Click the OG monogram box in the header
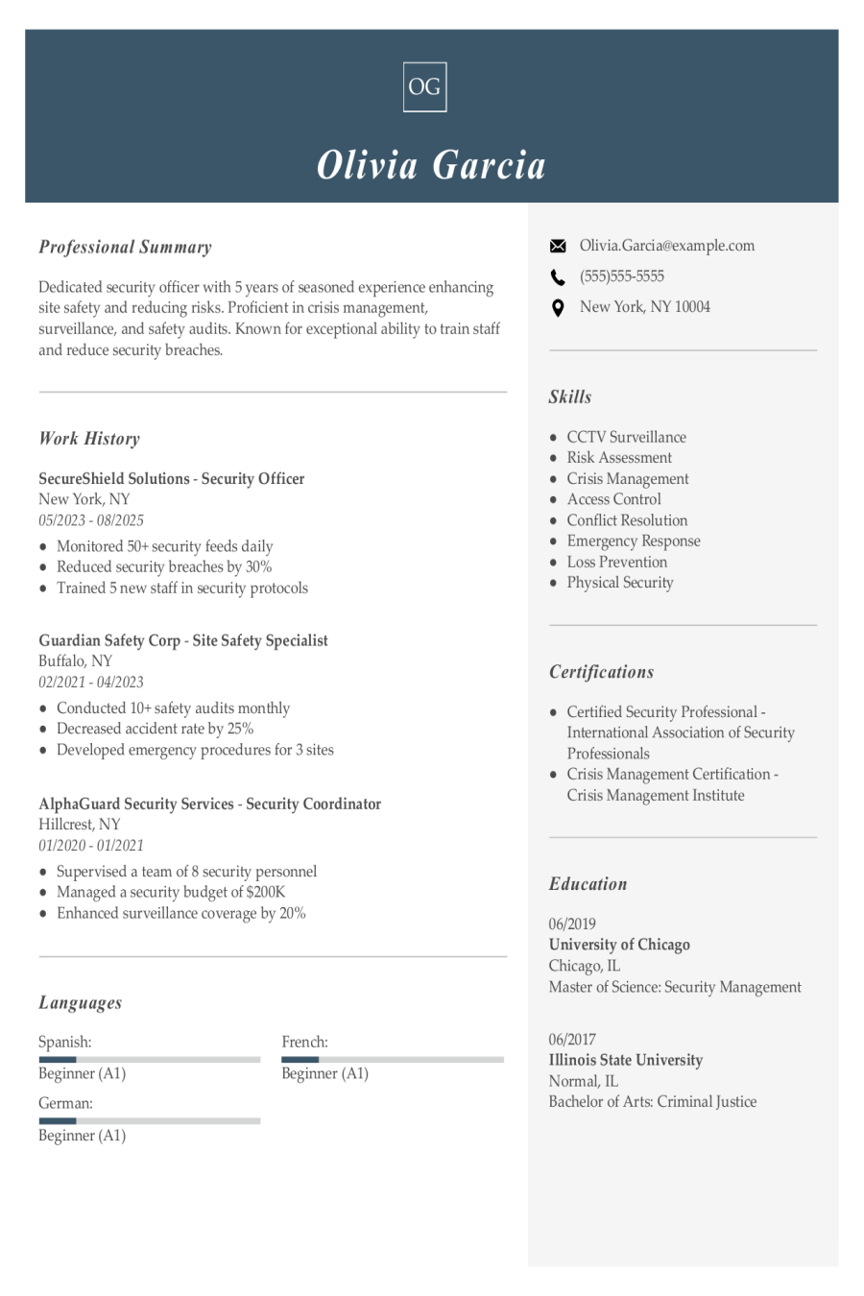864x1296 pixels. pyautogui.click(x=424, y=86)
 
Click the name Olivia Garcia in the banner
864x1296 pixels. pyautogui.click(x=431, y=165)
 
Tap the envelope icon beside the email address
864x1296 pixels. pyautogui.click(x=558, y=247)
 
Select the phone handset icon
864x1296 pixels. pyautogui.click(x=558, y=277)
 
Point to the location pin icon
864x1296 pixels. pyautogui.click(x=558, y=308)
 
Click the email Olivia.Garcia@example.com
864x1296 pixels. pyautogui.click(x=666, y=246)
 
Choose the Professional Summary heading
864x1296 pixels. pyautogui.click(x=125, y=247)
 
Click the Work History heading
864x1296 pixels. pyautogui.click(x=89, y=439)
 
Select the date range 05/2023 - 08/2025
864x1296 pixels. pyautogui.click(x=91, y=520)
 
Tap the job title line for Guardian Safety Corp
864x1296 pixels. pyautogui.click(x=183, y=640)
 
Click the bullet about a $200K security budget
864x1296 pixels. pyautogui.click(x=171, y=892)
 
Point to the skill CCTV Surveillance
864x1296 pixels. pyautogui.click(x=626, y=437)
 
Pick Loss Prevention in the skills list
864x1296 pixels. pyautogui.click(x=616, y=562)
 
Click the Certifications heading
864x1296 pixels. pyautogui.click(x=601, y=672)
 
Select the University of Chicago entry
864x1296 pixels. pyautogui.click(x=619, y=945)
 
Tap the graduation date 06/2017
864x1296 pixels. pyautogui.click(x=572, y=1039)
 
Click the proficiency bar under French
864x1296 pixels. pyautogui.click(x=392, y=1060)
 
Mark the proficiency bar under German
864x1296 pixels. pyautogui.click(x=149, y=1120)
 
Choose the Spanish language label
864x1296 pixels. pyautogui.click(x=65, y=1042)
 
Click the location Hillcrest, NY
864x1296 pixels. pyautogui.click(x=80, y=824)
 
